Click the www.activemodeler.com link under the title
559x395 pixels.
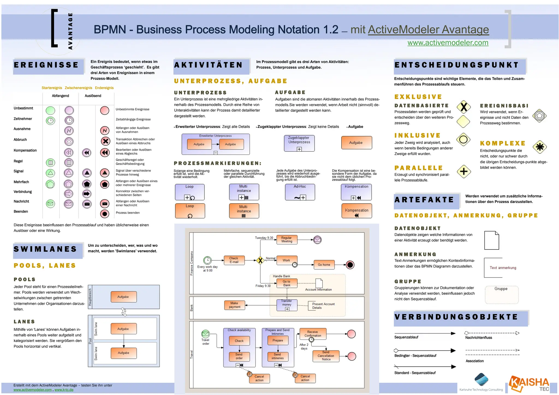(448, 43)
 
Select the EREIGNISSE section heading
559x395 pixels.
(46, 65)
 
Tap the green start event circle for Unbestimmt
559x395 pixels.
(50, 110)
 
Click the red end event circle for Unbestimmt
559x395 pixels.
(105, 110)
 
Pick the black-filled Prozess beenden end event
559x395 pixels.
(105, 214)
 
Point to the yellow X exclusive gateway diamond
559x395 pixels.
(463, 107)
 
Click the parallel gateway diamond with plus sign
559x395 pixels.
(464, 172)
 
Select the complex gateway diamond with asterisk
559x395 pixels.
(540, 147)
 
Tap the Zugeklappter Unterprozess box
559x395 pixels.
(299, 143)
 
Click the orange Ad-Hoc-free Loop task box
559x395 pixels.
(190, 211)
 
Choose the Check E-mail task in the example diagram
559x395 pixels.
(234, 260)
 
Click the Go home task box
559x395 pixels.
(324, 265)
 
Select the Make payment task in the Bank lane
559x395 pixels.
(234, 305)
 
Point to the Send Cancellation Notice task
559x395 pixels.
(326, 356)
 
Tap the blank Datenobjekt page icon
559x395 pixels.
(492, 240)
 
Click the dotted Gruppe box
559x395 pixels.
(501, 294)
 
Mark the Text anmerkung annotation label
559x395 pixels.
(503, 268)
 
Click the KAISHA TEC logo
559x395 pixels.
(529, 384)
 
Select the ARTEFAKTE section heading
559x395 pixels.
(424, 200)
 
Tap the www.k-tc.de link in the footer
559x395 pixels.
(64, 390)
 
